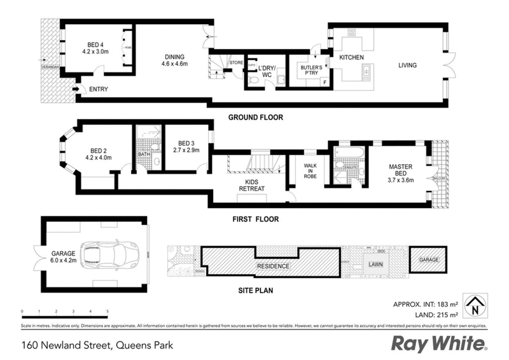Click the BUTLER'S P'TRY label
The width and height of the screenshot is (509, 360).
(x=304, y=70)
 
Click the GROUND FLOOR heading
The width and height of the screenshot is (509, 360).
(x=256, y=118)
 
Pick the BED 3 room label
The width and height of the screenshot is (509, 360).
(x=188, y=146)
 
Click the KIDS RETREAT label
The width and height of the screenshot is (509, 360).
(x=251, y=184)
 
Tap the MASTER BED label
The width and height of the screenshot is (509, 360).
(x=401, y=171)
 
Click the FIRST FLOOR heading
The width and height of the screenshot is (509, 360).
(x=253, y=219)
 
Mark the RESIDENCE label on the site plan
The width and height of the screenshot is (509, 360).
(x=273, y=266)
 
